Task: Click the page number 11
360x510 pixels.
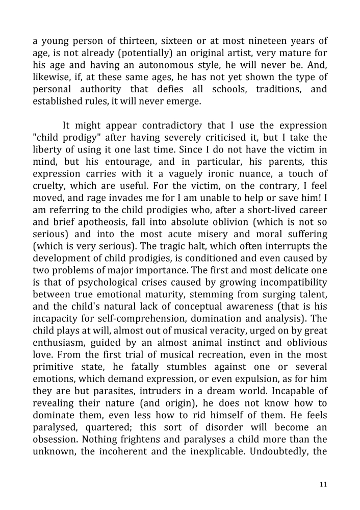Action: coord(323,484)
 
